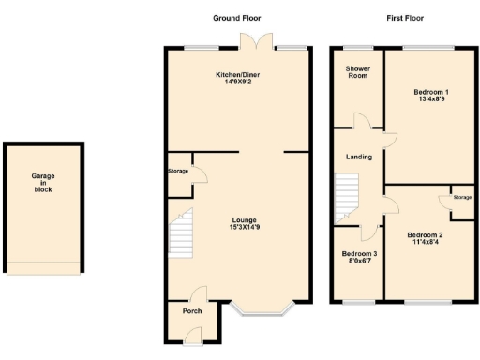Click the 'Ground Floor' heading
point(237,18)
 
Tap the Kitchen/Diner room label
point(237,74)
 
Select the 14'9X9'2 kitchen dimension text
point(237,82)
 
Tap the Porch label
point(191,311)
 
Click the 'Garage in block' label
point(42,182)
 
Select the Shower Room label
point(357,72)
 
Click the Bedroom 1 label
point(431,91)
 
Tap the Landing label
point(358,157)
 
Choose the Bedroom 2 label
point(426,234)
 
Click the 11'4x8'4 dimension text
point(426,242)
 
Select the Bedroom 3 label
point(358,255)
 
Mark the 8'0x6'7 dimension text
point(358,262)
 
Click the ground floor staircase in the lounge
point(181,234)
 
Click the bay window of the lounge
point(263,309)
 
